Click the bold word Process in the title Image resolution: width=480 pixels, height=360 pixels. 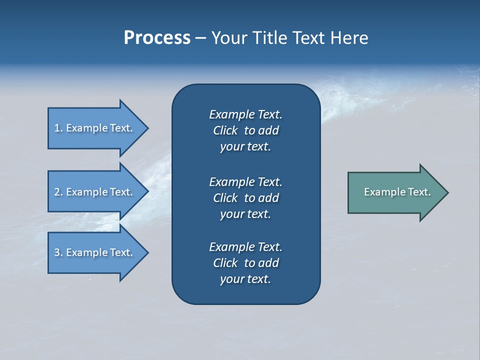(x=157, y=38)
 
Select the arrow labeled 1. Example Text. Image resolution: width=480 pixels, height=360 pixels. (x=95, y=128)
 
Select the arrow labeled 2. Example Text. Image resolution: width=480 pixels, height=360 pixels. (x=95, y=192)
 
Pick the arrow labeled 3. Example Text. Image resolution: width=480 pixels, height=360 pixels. (x=95, y=252)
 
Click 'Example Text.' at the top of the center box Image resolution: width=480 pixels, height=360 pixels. (x=245, y=114)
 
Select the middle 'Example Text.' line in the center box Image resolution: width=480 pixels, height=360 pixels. (x=245, y=182)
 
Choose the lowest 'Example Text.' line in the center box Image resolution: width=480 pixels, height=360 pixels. (x=245, y=247)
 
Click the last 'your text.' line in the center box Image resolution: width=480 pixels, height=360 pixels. (x=245, y=279)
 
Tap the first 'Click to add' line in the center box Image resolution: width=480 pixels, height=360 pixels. (x=245, y=130)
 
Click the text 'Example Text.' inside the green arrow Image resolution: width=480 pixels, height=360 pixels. (x=397, y=192)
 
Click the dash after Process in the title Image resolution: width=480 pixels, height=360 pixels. (x=200, y=38)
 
